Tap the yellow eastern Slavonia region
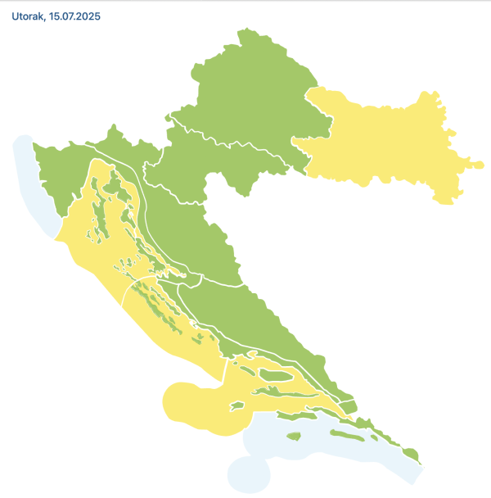pos(385,143)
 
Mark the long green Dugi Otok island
pos(155,303)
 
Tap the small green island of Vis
pos(237,405)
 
